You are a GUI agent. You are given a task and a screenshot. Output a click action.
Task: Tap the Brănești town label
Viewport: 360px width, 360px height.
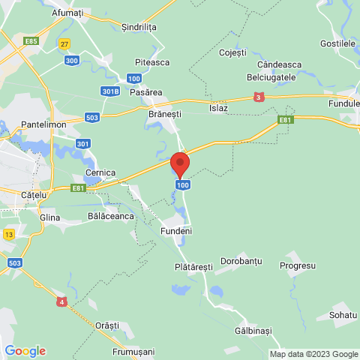coord(165,108)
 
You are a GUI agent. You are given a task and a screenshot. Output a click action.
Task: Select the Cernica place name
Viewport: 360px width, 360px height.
coord(100,172)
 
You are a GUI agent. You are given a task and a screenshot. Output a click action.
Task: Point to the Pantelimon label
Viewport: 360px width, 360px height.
coord(45,124)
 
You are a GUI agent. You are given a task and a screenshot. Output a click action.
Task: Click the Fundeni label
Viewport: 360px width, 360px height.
coord(176,231)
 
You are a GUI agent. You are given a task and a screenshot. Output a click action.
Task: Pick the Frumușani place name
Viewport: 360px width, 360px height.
coord(133,351)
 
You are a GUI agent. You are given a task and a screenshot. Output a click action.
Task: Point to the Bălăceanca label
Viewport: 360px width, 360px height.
coord(111,216)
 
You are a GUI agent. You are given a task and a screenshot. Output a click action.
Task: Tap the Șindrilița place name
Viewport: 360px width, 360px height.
coord(139,26)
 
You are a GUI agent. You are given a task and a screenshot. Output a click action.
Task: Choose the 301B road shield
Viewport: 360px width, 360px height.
coord(111,91)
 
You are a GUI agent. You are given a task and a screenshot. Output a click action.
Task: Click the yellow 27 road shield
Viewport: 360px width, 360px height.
coord(65,43)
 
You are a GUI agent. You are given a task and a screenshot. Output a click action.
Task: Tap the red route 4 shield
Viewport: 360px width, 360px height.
coord(62,301)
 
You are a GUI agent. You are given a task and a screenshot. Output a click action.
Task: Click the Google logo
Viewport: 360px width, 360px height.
coord(25,350)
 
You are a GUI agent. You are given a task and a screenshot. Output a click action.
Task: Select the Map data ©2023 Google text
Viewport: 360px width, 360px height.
coord(313,354)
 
